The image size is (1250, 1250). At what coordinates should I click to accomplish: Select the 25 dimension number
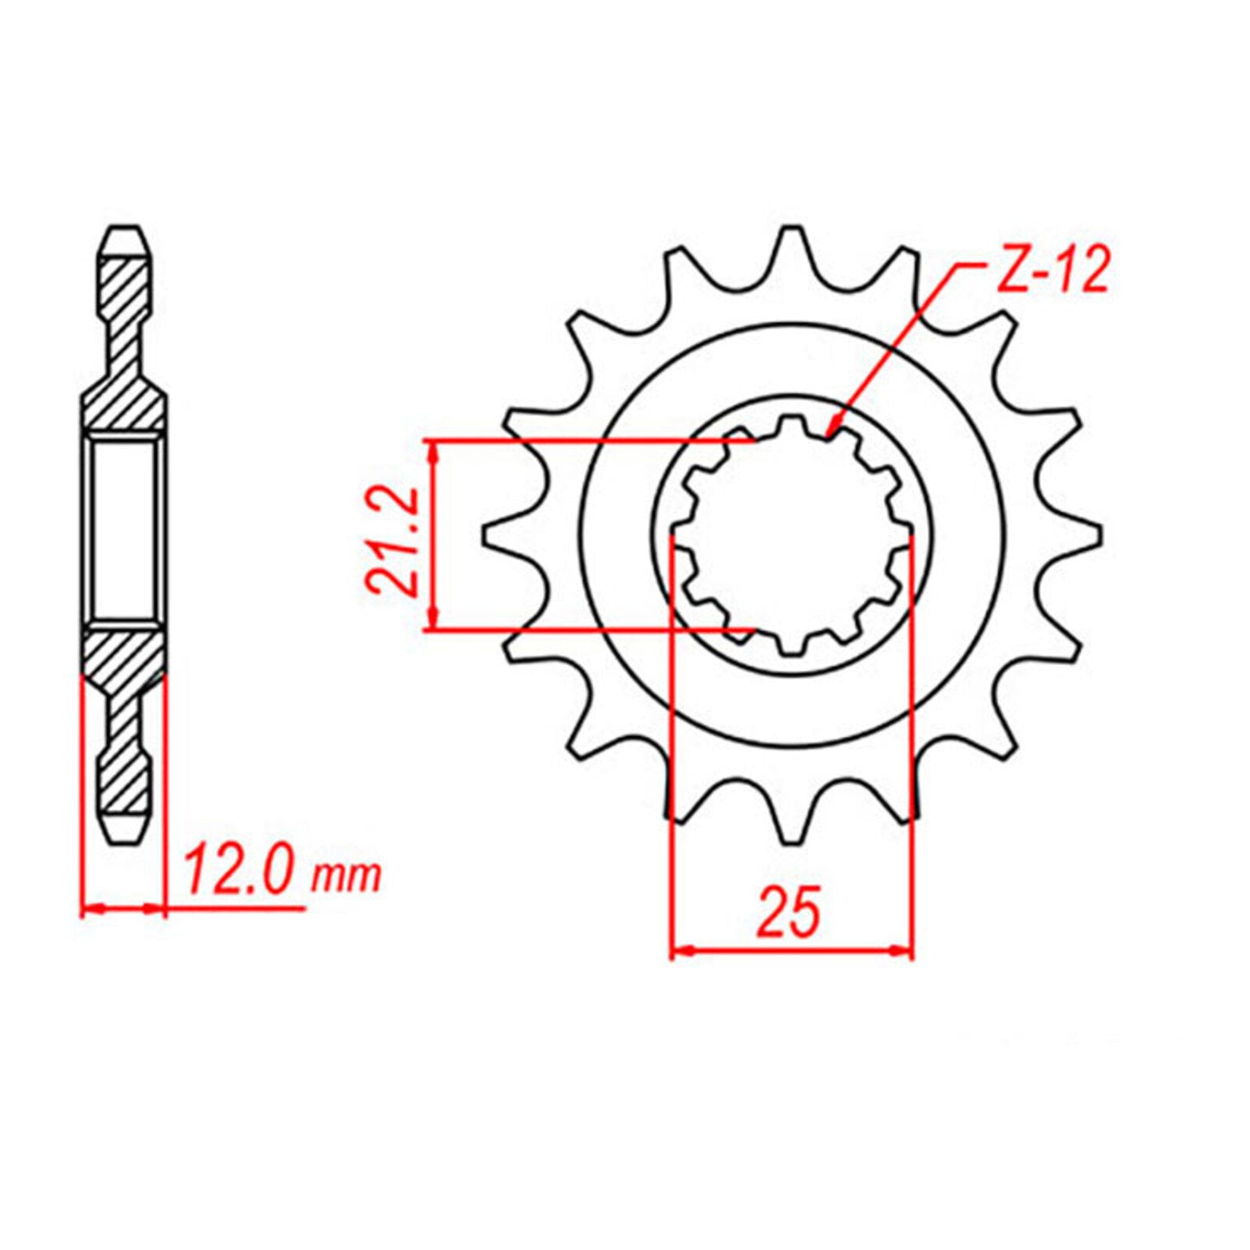[789, 912]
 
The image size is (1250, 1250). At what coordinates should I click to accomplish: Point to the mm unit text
[346, 877]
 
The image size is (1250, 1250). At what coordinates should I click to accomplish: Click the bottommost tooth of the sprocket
[792, 832]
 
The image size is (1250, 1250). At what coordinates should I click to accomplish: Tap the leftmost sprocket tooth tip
[492, 536]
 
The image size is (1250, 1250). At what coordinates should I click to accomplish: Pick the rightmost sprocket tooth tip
[1094, 536]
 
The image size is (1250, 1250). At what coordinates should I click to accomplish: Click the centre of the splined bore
[792, 536]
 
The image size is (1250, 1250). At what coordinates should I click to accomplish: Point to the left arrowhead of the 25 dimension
[677, 951]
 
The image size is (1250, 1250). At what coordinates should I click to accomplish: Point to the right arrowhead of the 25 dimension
[908, 951]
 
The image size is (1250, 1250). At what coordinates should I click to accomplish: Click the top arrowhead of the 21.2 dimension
[434, 445]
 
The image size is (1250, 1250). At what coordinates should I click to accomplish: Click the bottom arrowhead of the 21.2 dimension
[434, 625]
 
